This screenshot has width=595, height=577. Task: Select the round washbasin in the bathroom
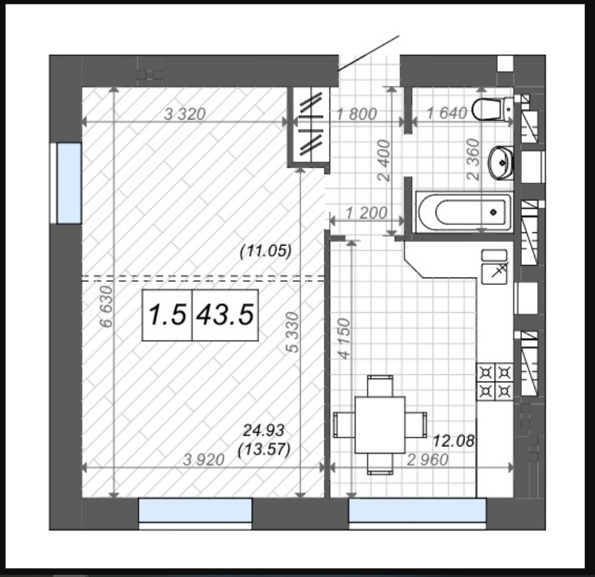click(501, 163)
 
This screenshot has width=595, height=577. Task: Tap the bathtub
click(464, 212)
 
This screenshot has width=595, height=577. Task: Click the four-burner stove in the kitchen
click(495, 382)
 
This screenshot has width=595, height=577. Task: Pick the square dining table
click(380, 424)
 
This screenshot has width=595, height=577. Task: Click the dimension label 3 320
click(185, 114)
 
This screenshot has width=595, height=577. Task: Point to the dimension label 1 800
click(357, 114)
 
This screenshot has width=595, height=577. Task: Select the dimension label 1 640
click(447, 113)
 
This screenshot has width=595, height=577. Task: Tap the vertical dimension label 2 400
click(384, 160)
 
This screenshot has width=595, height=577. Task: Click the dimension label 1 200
click(366, 213)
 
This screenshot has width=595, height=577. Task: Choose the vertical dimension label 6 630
click(106, 306)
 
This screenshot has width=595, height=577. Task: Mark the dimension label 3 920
click(204, 460)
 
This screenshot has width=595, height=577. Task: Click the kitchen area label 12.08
click(453, 440)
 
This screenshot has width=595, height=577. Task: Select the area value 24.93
click(264, 430)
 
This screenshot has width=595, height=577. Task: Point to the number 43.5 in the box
click(225, 315)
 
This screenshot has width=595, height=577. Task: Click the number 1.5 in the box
click(168, 315)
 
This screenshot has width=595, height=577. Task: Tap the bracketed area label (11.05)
click(266, 251)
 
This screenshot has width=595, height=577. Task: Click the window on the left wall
click(66, 183)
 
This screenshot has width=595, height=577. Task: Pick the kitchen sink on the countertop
click(495, 274)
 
